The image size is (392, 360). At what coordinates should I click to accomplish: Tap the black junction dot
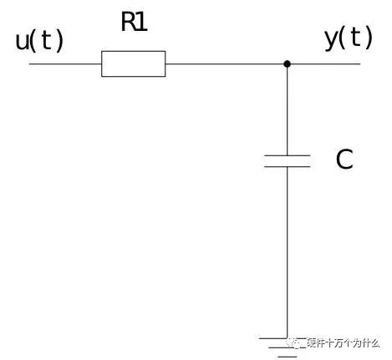click(x=287, y=64)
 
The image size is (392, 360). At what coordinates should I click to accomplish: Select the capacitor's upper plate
click(x=287, y=155)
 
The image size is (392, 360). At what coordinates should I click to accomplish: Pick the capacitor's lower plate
click(x=287, y=167)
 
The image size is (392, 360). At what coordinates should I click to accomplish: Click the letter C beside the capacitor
click(x=344, y=160)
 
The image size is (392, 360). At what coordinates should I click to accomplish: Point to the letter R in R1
click(x=129, y=22)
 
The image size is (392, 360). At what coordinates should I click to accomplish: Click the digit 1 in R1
click(x=142, y=22)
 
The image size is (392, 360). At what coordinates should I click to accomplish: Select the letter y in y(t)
click(x=331, y=39)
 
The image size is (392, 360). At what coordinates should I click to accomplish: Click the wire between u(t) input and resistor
click(x=65, y=63)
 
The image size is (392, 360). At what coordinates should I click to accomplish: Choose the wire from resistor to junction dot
click(x=225, y=63)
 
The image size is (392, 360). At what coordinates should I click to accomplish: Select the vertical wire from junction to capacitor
click(x=287, y=111)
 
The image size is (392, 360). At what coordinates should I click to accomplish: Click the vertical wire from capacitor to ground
click(x=287, y=252)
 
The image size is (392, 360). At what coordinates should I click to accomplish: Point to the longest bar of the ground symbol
click(x=273, y=338)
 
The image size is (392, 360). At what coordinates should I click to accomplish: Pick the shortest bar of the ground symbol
click(x=288, y=357)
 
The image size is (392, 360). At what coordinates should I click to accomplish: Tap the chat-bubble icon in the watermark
click(x=297, y=343)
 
